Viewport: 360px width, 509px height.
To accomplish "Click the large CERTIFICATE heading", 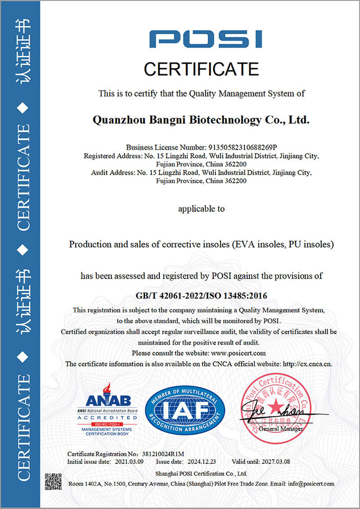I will pyautogui.click(x=201, y=69).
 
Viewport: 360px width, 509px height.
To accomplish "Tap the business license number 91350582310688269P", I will pyautogui.click(x=241, y=147).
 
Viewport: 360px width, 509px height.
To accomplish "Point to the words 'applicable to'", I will pyautogui.click(x=201, y=209).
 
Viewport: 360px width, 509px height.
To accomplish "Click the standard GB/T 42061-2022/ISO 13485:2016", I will pyautogui.click(x=201, y=295).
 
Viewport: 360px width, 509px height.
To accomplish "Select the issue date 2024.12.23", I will pyautogui.click(x=200, y=462).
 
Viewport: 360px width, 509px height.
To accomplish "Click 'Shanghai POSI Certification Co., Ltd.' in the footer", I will pyautogui.click(x=201, y=473).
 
